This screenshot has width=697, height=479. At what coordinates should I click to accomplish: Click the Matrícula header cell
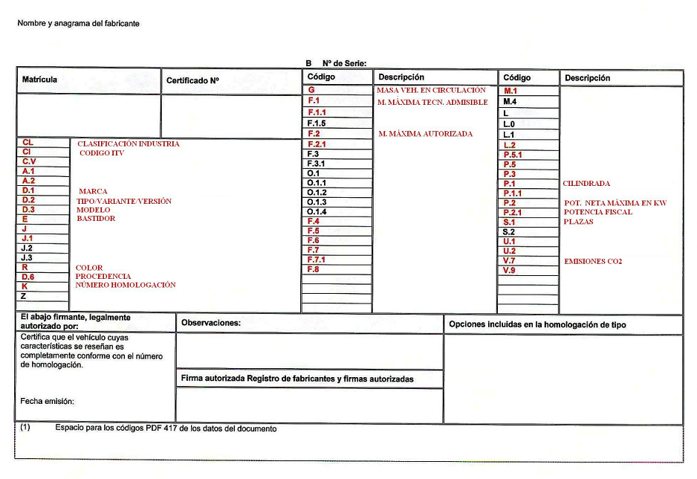[x=40, y=80]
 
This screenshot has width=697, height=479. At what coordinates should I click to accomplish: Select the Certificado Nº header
[x=192, y=80]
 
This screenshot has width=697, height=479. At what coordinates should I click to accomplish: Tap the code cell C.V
[x=29, y=161]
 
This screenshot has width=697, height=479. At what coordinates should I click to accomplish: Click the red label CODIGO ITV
[x=106, y=153]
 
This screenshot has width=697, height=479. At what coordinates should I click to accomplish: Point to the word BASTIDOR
[x=96, y=219]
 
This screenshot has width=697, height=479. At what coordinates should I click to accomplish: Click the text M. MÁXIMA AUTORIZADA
[x=425, y=134]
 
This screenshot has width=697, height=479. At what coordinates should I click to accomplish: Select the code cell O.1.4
[x=317, y=212]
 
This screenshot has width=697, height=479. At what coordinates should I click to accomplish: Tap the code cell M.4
[x=510, y=101]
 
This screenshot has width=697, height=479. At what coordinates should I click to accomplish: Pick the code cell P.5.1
[x=513, y=155]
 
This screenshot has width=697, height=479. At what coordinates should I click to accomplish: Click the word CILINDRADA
[x=586, y=183]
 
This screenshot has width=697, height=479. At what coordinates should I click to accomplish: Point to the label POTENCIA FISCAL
[x=597, y=212]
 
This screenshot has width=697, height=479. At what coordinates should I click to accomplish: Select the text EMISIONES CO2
[x=592, y=262]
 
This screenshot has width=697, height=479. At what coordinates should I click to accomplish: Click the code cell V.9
[x=509, y=270]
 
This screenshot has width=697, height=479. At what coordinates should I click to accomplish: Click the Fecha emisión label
[x=48, y=402]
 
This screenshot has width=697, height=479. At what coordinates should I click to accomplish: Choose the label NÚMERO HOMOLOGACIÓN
[x=125, y=285]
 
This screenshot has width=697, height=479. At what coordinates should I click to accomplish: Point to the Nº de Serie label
[x=344, y=64]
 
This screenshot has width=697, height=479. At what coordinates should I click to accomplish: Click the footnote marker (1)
[x=25, y=428]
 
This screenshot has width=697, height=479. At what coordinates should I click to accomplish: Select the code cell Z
[x=25, y=296]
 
